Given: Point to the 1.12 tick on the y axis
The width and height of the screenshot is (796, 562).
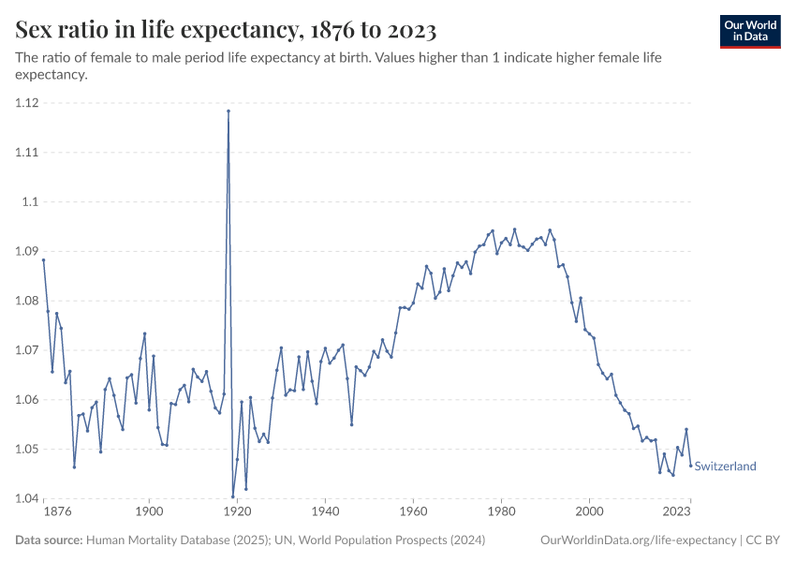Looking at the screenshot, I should tap(27, 103).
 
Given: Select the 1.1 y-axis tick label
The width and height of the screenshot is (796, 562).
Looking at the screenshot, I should tap(30, 201).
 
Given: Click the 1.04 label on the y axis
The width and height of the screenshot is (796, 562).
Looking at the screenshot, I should tap(27, 498).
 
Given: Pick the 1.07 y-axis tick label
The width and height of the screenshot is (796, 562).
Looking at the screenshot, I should tap(27, 350).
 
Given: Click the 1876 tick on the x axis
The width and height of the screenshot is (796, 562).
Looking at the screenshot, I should tap(57, 512).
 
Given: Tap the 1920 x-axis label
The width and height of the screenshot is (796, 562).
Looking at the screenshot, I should tap(237, 512).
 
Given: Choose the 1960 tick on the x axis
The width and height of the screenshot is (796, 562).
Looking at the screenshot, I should tap(413, 512).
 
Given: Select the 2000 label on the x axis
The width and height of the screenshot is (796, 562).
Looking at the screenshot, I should tap(589, 512).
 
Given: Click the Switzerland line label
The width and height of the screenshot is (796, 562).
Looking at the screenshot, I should tap(725, 466).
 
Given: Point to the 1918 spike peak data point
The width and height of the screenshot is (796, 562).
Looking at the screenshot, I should tap(228, 111).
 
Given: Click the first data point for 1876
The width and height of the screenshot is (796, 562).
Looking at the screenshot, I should tap(43, 260).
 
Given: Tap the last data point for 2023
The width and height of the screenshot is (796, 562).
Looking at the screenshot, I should tap(691, 466).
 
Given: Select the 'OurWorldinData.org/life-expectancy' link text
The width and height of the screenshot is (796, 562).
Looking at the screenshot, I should tap(639, 540).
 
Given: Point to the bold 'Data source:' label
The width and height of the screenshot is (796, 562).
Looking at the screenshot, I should tap(49, 540).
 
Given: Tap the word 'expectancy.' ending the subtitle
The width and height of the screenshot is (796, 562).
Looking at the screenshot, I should tap(52, 76).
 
